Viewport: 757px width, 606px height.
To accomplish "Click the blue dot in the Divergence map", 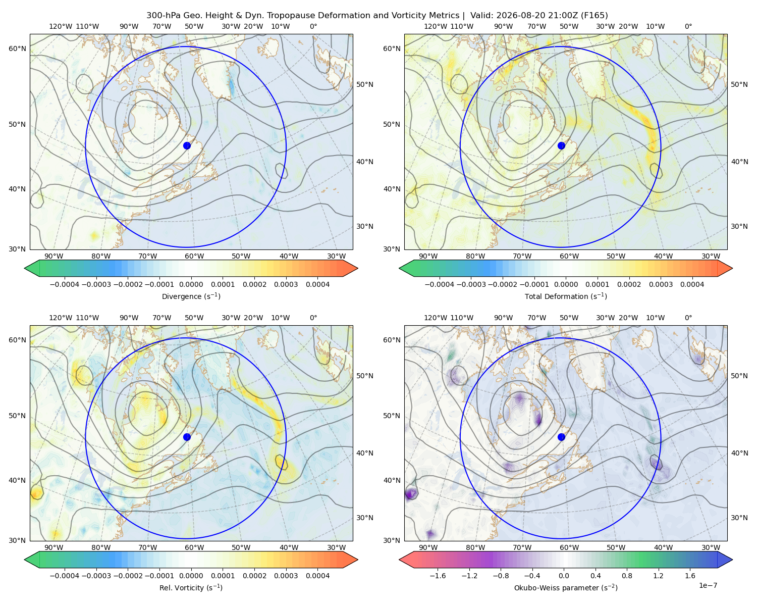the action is (187, 145).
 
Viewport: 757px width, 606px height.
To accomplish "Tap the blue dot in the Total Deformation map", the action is (561, 145).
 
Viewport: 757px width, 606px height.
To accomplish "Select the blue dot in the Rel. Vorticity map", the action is (187, 437).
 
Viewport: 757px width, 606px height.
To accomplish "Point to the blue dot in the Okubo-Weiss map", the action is (561, 437).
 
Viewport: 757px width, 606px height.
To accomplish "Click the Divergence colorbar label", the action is (191, 296).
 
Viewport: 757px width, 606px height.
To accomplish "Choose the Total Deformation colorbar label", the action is (566, 296).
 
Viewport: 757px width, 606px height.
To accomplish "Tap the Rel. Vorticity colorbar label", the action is (191, 588).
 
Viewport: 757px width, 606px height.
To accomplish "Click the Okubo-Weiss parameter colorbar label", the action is (566, 588).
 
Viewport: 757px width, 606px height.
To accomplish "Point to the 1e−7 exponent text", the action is (708, 585).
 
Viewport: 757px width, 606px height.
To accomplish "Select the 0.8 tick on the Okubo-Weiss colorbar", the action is (627, 576).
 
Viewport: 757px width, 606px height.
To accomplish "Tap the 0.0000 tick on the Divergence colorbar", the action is (191, 284).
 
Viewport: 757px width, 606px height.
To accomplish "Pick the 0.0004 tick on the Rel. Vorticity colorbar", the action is (317, 576).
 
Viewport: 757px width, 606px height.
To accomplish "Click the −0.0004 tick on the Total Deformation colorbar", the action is (440, 284).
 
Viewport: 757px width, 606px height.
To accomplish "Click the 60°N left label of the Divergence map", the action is (17, 48).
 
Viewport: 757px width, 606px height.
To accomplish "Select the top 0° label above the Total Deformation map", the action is (688, 26).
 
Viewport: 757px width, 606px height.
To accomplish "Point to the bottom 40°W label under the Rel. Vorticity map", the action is (289, 547).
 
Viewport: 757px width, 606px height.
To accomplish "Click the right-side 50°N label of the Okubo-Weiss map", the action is (739, 376).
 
